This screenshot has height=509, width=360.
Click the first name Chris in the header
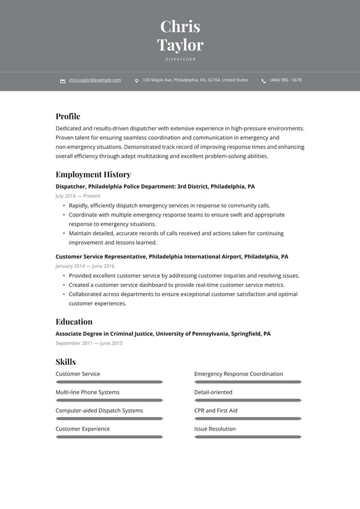pos(180,27)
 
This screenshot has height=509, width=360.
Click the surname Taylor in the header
pos(180,45)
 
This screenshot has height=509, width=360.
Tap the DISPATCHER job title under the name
pos(180,59)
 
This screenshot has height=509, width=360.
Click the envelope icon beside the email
pos(63,81)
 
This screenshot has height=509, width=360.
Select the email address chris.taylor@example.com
pos(95,80)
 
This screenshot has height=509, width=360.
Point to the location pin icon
pos(136,81)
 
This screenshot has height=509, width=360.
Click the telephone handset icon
pos(264,81)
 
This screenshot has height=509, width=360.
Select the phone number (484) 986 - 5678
pos(285,80)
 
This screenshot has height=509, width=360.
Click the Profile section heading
pos(68,116)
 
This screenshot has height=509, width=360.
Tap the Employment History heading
pos(93,174)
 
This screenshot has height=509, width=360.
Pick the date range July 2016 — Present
pos(78,196)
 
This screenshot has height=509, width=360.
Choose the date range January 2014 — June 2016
pos(85,266)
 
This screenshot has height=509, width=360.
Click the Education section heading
pos(74,321)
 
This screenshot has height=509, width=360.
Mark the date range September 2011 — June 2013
pos(89,343)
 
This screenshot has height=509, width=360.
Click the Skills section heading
pos(65,362)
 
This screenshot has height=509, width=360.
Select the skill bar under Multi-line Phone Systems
pos(109,400)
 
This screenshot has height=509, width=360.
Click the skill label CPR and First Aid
pos(216,410)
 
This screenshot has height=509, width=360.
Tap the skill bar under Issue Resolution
pos(248,437)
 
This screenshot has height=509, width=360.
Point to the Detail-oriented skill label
pos(213,392)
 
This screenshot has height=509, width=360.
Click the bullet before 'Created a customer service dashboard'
pos(64,285)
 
